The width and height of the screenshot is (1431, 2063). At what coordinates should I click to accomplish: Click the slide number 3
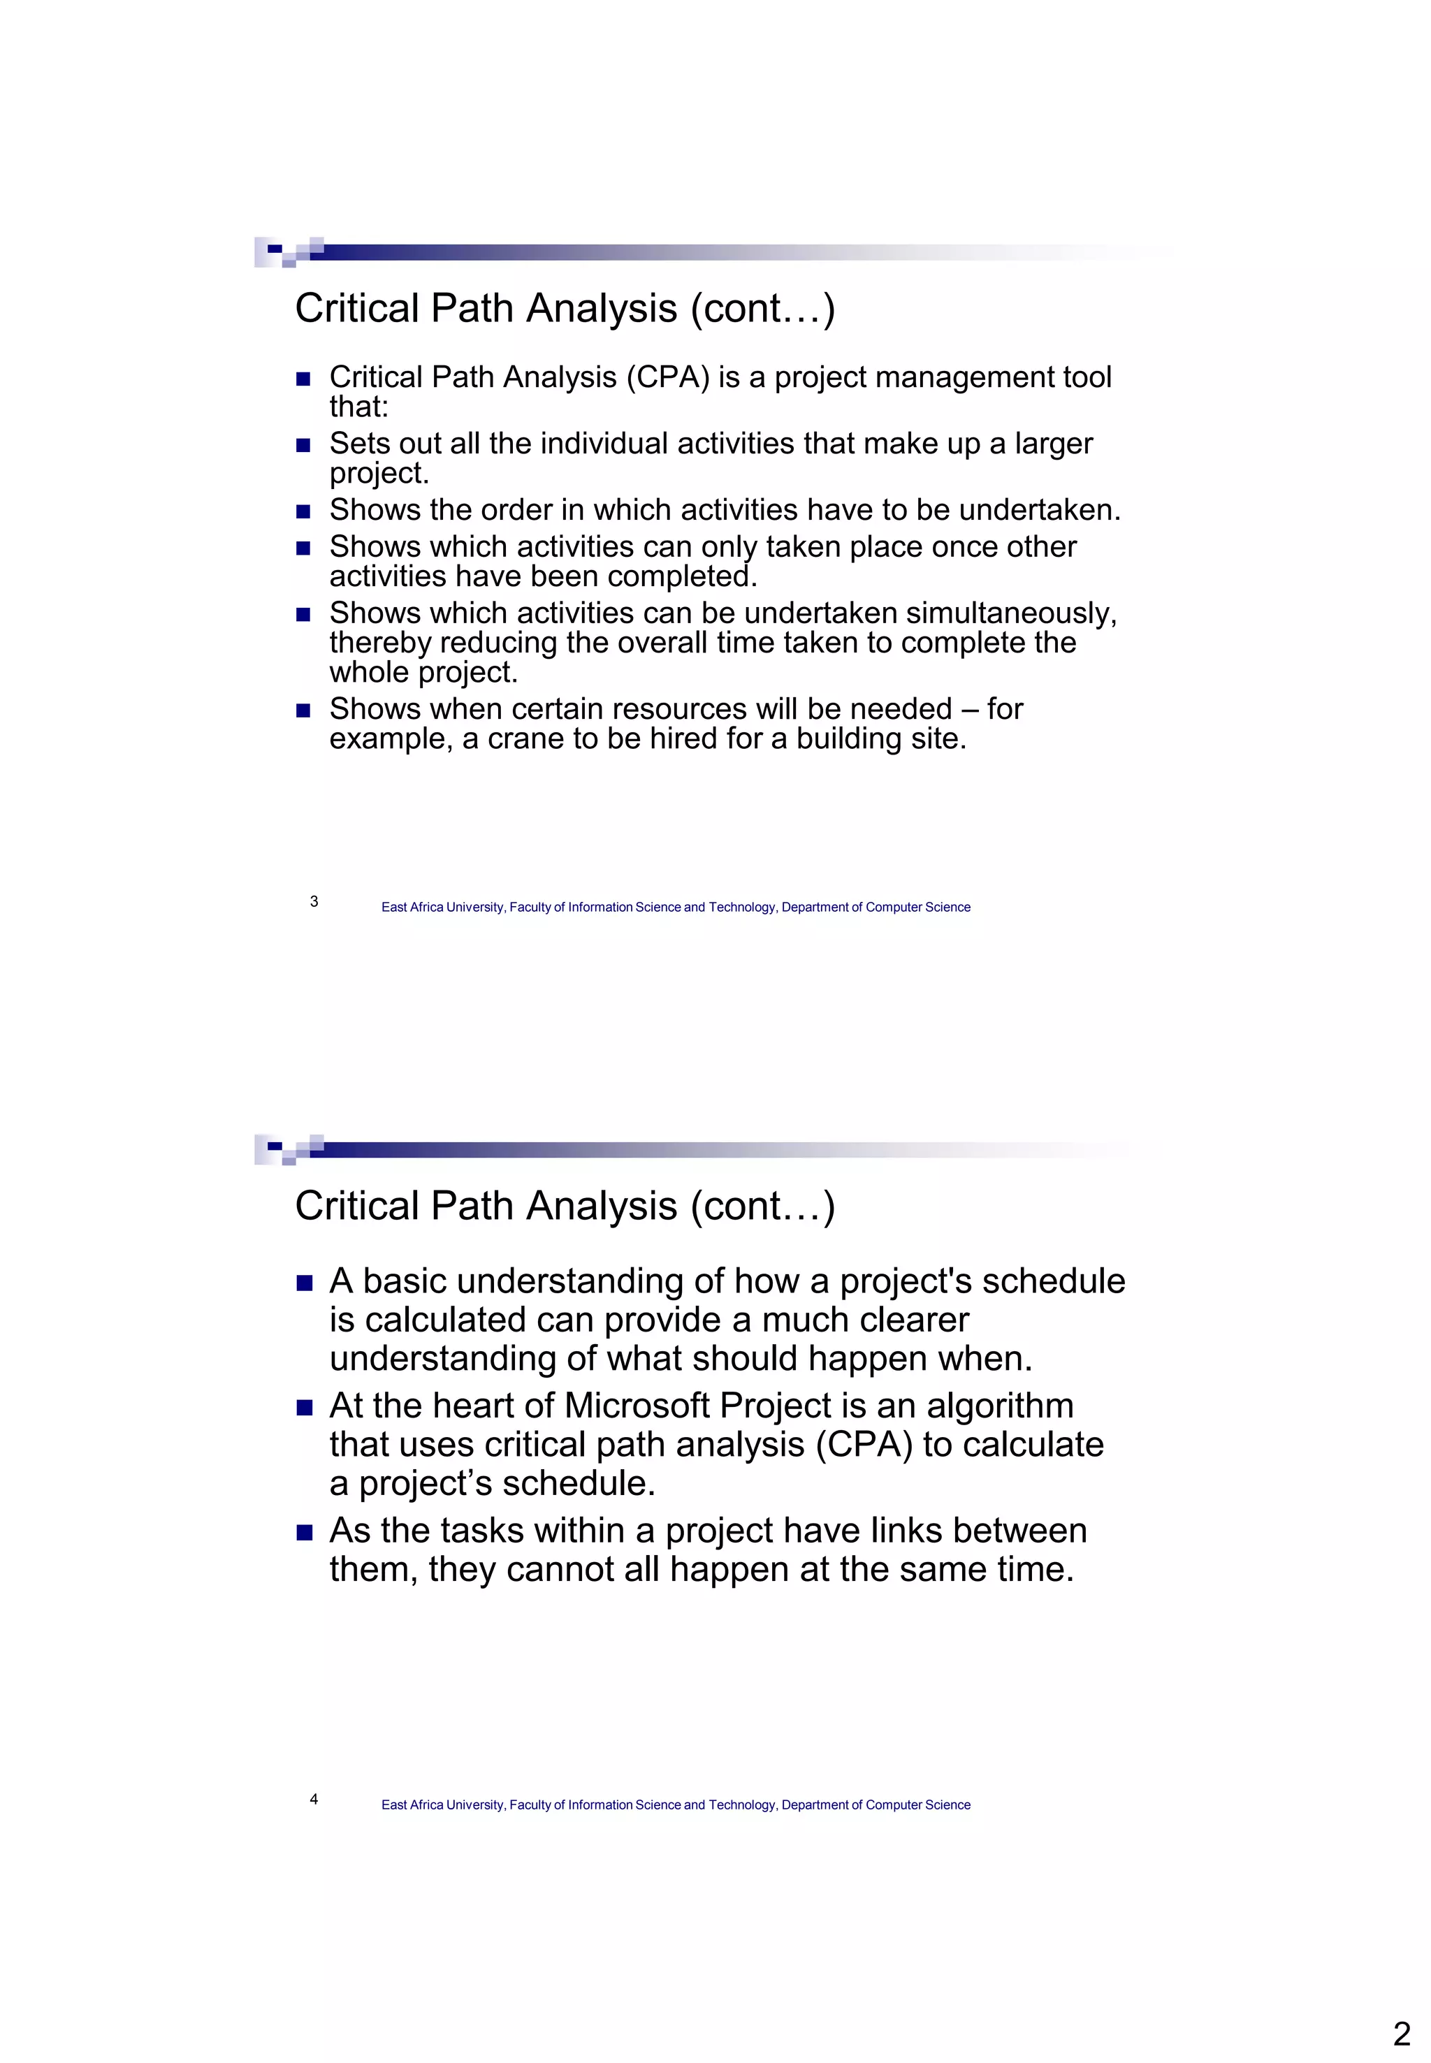[314, 901]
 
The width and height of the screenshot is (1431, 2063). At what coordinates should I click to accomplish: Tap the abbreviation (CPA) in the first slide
[668, 377]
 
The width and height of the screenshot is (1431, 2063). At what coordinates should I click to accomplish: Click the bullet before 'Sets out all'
[303, 445]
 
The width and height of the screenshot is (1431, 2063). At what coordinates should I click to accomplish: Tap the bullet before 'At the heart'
[304, 1408]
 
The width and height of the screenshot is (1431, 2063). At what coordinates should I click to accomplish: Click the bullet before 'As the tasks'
[304, 1532]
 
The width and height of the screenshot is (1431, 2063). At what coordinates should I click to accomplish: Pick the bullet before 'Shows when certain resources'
[303, 710]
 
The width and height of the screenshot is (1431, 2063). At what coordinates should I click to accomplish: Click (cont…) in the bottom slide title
[762, 1206]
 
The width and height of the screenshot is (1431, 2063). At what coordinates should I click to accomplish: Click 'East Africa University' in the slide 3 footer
[443, 907]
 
